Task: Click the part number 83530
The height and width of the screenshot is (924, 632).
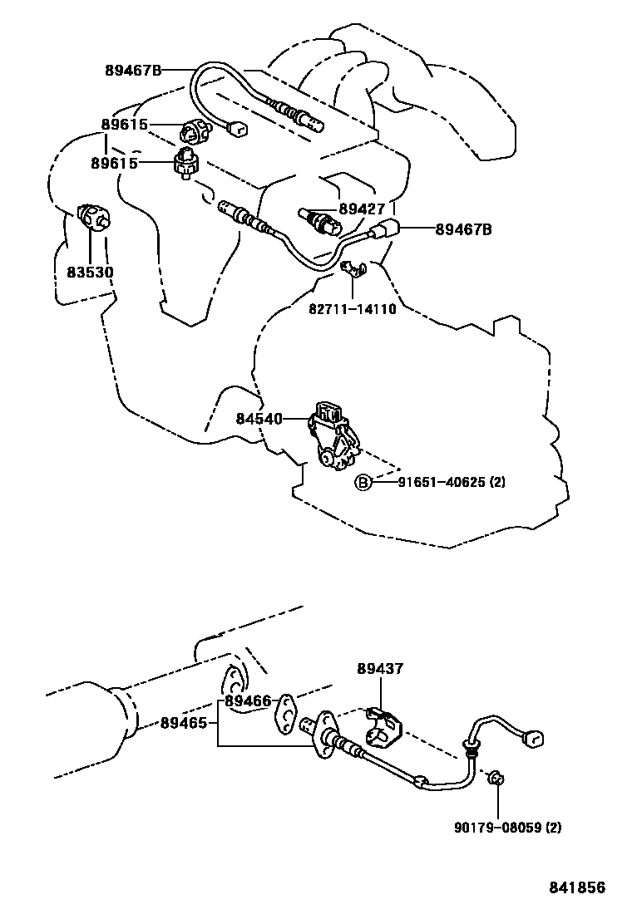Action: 91,272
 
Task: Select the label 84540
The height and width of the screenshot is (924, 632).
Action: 259,420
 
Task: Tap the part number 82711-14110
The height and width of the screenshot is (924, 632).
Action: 353,309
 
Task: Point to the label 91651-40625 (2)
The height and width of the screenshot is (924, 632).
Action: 440,482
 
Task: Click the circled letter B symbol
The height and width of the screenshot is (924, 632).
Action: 363,482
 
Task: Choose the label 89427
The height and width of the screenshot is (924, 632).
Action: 361,209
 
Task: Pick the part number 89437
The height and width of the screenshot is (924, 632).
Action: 381,668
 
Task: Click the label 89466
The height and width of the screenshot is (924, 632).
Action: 248,701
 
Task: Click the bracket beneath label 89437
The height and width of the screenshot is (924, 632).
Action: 384,724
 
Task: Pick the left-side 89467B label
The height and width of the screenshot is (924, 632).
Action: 133,70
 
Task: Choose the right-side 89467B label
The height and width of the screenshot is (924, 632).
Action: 462,229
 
